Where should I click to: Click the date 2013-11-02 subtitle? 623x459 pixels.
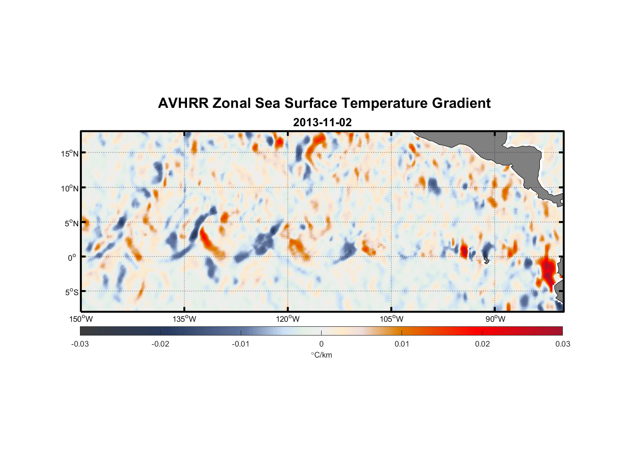[x=322, y=123]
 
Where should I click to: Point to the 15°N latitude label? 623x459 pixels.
[x=70, y=153]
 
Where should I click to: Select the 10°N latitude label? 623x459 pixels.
[x=70, y=188]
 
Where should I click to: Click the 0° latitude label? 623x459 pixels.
[x=72, y=257]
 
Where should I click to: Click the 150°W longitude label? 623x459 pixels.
[x=81, y=319]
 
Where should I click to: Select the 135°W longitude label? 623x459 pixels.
[x=185, y=319]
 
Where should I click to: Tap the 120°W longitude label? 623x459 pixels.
[x=288, y=319]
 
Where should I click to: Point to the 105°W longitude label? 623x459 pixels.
[x=391, y=319]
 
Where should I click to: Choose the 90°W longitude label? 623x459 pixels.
[x=495, y=319]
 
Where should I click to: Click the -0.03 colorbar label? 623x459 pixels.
[x=80, y=344]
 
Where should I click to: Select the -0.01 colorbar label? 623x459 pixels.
[x=241, y=344]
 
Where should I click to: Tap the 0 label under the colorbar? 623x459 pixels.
[x=321, y=344]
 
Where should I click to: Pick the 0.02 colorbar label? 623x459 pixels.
[x=482, y=344]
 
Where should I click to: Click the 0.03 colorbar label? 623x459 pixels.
[x=562, y=344]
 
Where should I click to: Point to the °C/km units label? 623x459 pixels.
[x=321, y=355]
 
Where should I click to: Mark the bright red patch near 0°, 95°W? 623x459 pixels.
[x=464, y=251]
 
